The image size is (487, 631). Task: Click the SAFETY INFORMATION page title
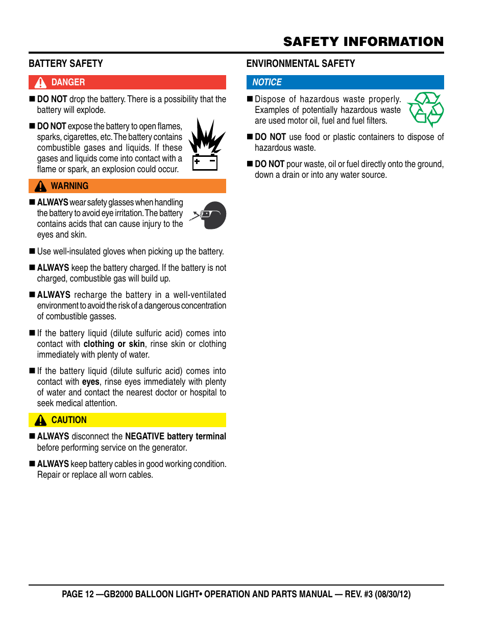click(363, 41)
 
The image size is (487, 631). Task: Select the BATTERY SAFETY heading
click(65, 63)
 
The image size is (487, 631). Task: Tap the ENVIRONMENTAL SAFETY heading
click(300, 63)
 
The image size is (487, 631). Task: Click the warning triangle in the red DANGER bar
click(40, 83)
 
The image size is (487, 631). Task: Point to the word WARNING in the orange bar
click(69, 186)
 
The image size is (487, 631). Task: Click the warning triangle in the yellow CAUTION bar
click(40, 420)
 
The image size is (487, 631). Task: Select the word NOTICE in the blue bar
click(266, 82)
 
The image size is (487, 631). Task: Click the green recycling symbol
click(426, 109)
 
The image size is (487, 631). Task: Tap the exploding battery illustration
click(206, 145)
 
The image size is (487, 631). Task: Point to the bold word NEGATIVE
click(144, 436)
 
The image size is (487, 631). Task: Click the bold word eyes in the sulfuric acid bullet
click(91, 382)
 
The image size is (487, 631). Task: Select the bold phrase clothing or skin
click(114, 344)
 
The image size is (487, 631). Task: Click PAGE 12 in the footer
click(78, 594)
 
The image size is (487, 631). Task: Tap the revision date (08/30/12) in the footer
click(393, 594)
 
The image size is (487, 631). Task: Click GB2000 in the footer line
click(118, 594)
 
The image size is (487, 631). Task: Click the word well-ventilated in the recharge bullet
click(200, 295)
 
